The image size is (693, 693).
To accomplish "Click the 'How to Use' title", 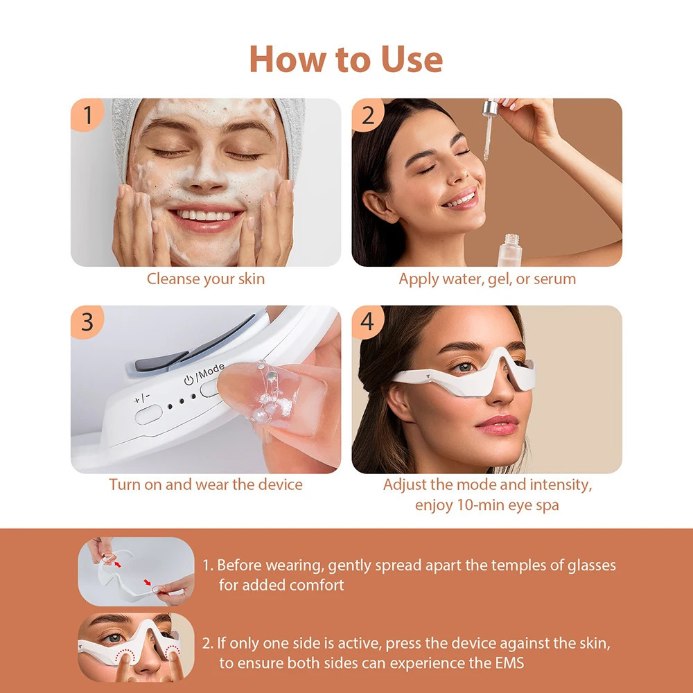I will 346,59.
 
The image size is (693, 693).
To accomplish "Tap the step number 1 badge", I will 88,115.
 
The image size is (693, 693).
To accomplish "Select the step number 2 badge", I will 368,115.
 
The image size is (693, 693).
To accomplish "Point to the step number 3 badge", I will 88,322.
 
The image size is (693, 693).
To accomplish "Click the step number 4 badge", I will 368,322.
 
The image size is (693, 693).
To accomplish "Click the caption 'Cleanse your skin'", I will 205,279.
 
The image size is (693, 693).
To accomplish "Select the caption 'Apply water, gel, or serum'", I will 487,279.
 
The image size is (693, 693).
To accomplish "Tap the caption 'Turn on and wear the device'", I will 205,484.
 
